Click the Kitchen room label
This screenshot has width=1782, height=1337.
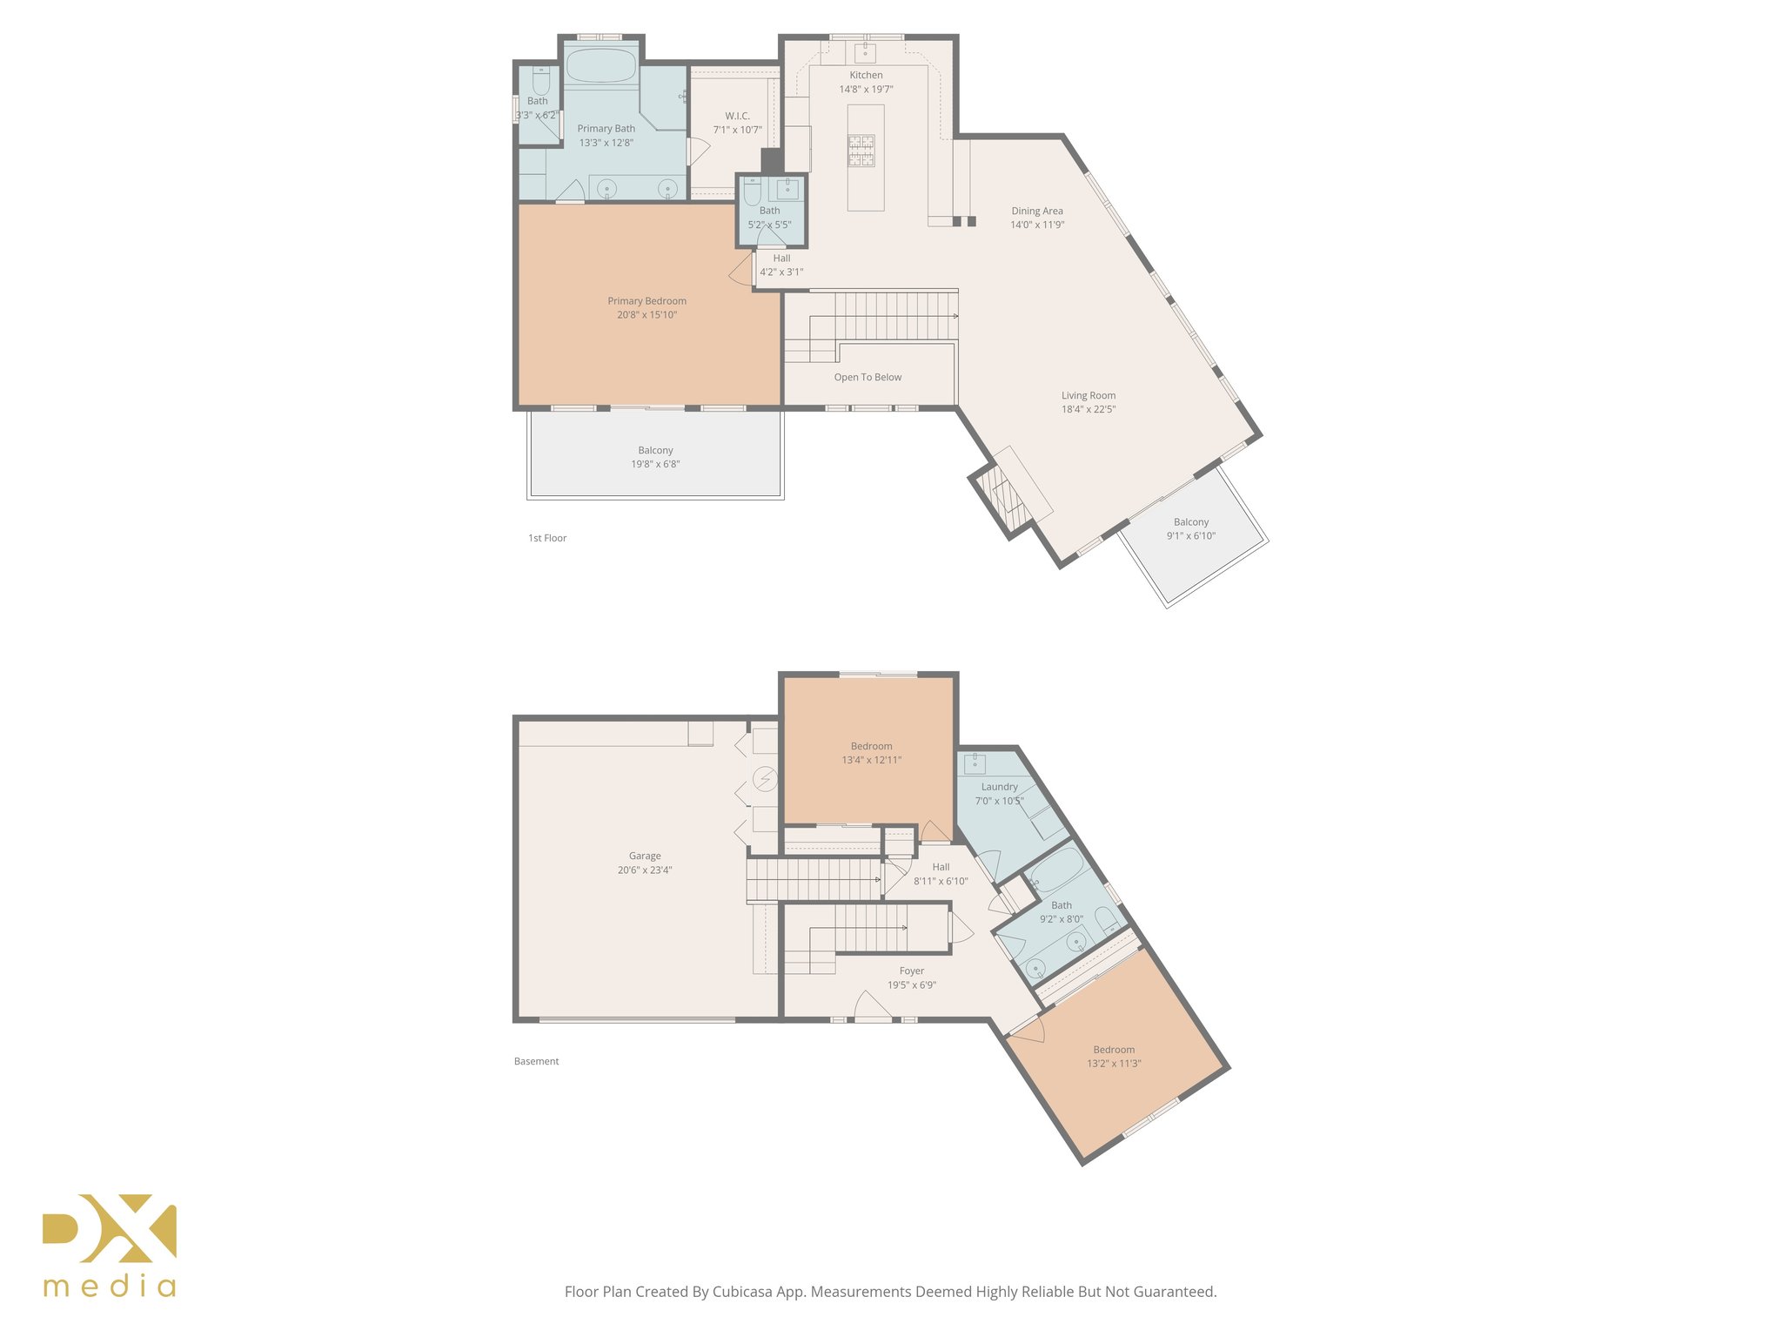click(x=866, y=76)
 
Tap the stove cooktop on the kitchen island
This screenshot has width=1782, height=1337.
click(x=861, y=151)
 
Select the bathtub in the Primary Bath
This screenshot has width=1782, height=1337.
click(x=601, y=66)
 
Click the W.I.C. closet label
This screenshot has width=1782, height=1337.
click(x=737, y=117)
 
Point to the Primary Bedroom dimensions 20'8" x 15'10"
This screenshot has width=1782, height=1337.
click(x=646, y=315)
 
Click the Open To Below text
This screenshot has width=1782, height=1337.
click(x=868, y=378)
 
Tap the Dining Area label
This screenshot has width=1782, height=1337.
click(x=1036, y=212)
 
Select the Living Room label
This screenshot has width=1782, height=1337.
click(x=1088, y=396)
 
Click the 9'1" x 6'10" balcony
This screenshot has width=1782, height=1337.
click(x=1190, y=529)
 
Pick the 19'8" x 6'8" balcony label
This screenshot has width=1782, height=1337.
click(x=655, y=458)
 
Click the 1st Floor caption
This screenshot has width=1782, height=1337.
click(x=547, y=539)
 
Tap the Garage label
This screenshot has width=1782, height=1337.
click(x=645, y=857)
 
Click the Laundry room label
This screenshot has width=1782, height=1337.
click(x=999, y=787)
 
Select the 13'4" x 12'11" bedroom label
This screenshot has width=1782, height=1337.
click(x=871, y=754)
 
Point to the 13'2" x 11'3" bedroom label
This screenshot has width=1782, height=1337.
click(x=1114, y=1057)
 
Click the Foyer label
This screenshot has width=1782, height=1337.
click(x=911, y=971)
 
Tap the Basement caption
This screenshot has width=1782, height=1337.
click(x=536, y=1062)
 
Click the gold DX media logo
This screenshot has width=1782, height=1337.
click(x=110, y=1245)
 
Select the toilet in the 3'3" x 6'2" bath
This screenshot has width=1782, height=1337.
click(x=540, y=83)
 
